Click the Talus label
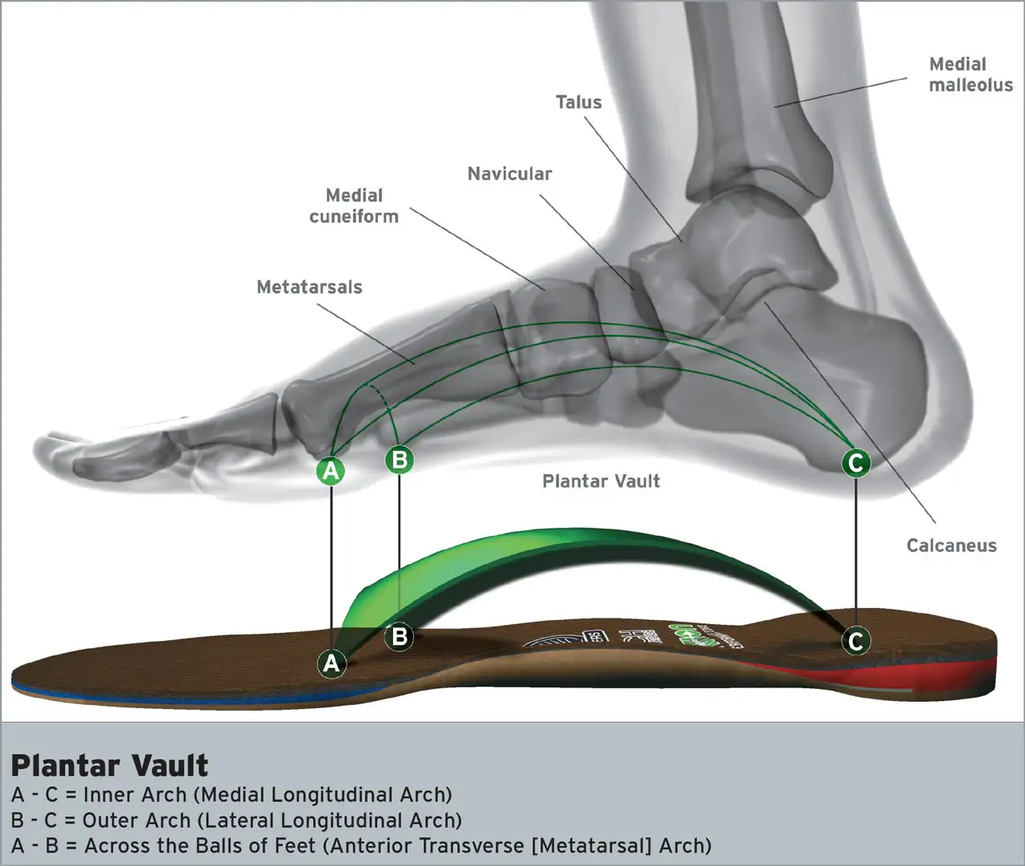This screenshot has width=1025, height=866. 578,103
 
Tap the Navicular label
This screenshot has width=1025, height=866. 509,174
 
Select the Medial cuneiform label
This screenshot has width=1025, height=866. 354,206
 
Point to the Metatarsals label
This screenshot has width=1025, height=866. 309,287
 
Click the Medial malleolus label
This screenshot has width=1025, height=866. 971,75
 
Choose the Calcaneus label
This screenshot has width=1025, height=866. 951,546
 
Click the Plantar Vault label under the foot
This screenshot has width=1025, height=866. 601,481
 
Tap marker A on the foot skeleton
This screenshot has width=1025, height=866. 331,471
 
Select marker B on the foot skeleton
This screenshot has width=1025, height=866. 400,460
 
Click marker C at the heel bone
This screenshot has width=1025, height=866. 856,462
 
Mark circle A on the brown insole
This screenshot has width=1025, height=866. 331,663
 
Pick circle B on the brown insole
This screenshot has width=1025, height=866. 400,637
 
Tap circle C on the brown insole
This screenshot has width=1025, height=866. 856,641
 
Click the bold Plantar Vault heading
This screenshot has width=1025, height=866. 110,766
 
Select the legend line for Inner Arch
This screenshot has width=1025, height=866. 231,795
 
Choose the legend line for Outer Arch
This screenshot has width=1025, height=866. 236,820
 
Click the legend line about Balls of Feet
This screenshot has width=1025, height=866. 361,846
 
